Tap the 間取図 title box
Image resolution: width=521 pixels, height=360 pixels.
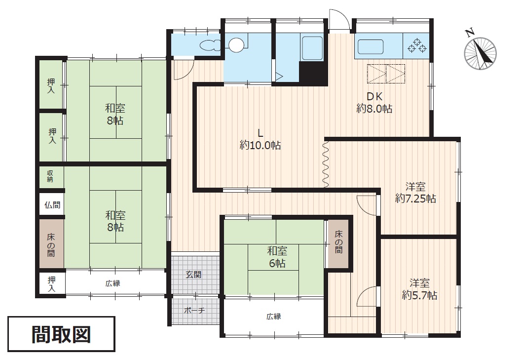coord(62,334)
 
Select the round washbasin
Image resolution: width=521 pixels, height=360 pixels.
coord(237,45)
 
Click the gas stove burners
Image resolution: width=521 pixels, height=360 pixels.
coord(417,45)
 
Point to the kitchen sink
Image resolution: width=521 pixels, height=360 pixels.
coord(371,46)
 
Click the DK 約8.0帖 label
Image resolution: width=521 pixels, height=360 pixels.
coord(374,103)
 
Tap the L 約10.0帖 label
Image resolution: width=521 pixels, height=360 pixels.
coord(260,139)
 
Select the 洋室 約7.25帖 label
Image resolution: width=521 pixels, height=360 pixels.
coord(416,192)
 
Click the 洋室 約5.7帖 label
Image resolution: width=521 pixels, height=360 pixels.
coord(419,289)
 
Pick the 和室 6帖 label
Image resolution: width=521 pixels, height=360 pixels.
coord(277,257)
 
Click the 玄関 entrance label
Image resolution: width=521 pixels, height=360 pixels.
coord(193,275)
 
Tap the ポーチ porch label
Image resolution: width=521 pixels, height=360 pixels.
coord(194,311)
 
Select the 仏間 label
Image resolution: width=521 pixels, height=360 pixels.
coord(52,204)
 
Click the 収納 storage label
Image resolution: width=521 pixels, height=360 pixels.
coord(50,176)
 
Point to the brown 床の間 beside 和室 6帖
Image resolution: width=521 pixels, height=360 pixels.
coord(338,243)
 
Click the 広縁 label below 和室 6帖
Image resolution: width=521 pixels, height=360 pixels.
coord(274,317)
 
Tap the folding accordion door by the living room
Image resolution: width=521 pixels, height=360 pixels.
coord(326,164)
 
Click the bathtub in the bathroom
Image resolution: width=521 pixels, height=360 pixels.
coord(312,48)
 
